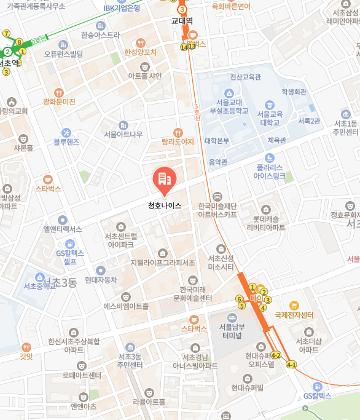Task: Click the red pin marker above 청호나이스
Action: point(164,179)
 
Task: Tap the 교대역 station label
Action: point(182,20)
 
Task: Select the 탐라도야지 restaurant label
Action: point(178,141)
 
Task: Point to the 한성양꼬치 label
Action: point(141,52)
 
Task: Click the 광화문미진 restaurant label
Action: point(59,101)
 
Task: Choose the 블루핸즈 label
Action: point(66,141)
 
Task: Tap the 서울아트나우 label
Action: point(123,134)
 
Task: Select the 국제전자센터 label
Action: point(294,315)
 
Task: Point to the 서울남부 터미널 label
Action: point(232,331)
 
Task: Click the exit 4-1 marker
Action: point(291,365)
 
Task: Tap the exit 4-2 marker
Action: point(276,355)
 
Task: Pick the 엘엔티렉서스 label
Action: point(62,229)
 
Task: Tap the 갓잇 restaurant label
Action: point(26,355)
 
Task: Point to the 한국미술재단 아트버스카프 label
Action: point(217,210)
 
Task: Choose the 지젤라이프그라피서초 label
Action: point(162,262)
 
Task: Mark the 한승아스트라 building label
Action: point(101,35)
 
